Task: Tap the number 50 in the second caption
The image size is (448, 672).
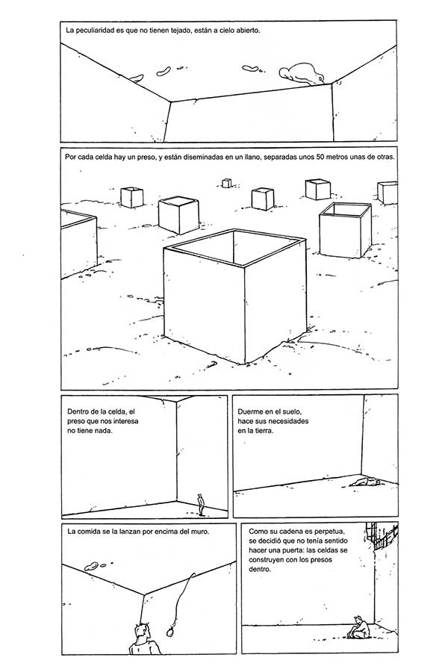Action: (320, 157)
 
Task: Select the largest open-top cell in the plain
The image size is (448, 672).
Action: (234, 295)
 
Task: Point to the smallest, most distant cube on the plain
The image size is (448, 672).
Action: (226, 184)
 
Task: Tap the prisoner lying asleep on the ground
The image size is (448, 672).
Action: (365, 482)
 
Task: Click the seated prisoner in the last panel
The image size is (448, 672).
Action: (359, 627)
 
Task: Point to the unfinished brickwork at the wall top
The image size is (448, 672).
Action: (380, 536)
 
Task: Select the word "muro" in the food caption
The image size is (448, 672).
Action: (200, 532)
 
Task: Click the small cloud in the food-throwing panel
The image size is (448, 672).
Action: (95, 566)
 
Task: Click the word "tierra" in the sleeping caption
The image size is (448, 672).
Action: (261, 431)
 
